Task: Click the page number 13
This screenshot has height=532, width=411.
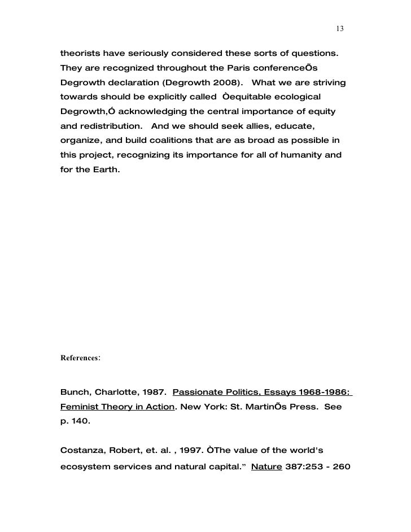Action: (340, 29)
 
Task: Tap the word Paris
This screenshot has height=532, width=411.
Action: (235, 69)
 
